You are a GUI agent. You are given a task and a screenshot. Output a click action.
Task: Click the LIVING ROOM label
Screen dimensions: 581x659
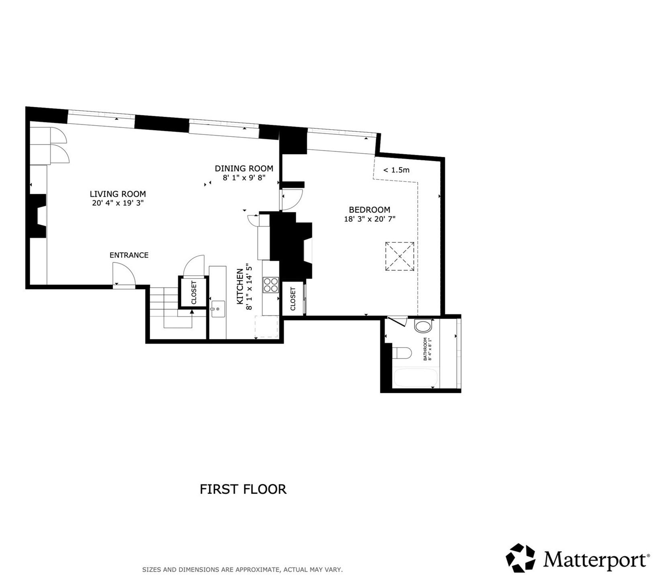pyautogui.click(x=118, y=194)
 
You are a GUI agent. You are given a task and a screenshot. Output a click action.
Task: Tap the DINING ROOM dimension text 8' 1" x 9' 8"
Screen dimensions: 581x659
pyautogui.click(x=244, y=178)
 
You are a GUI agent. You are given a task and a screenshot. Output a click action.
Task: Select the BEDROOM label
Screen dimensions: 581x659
pyautogui.click(x=369, y=209)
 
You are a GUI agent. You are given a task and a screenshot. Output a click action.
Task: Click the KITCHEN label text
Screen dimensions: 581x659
pyautogui.click(x=240, y=286)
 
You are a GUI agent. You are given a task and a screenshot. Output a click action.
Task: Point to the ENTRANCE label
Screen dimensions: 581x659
pyautogui.click(x=129, y=255)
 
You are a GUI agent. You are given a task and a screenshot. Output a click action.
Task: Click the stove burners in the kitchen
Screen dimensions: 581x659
pyautogui.click(x=271, y=285)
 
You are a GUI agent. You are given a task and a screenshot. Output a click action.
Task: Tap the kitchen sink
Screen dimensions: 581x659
pyautogui.click(x=217, y=309)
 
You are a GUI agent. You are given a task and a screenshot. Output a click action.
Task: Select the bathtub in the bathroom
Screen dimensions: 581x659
pyautogui.click(x=416, y=378)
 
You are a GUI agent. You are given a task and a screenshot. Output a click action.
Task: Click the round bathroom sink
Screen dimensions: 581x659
pyautogui.click(x=423, y=326)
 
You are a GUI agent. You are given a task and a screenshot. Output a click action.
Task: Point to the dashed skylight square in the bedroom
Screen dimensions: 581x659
pyautogui.click(x=400, y=256)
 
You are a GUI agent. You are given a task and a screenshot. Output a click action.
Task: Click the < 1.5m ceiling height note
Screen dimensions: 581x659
pyautogui.click(x=396, y=170)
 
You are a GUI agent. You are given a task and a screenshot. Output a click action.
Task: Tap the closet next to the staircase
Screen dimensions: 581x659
pyautogui.click(x=193, y=292)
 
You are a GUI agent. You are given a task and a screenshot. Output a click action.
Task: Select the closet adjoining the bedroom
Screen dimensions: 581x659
pyautogui.click(x=293, y=299)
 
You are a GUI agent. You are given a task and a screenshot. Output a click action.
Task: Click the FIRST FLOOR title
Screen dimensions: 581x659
pyautogui.click(x=243, y=489)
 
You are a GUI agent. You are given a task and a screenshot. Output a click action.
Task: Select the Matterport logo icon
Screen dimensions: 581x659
pyautogui.click(x=520, y=558)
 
